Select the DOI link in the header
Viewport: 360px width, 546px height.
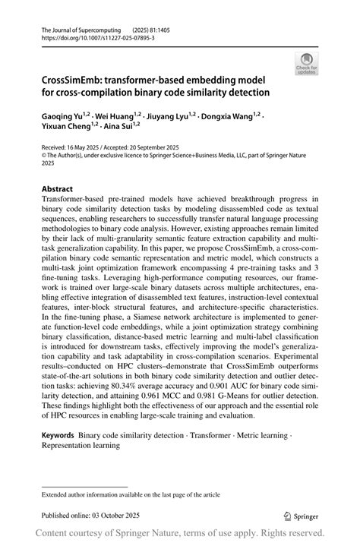click(93, 36)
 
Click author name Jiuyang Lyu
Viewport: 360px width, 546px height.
click(172, 115)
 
